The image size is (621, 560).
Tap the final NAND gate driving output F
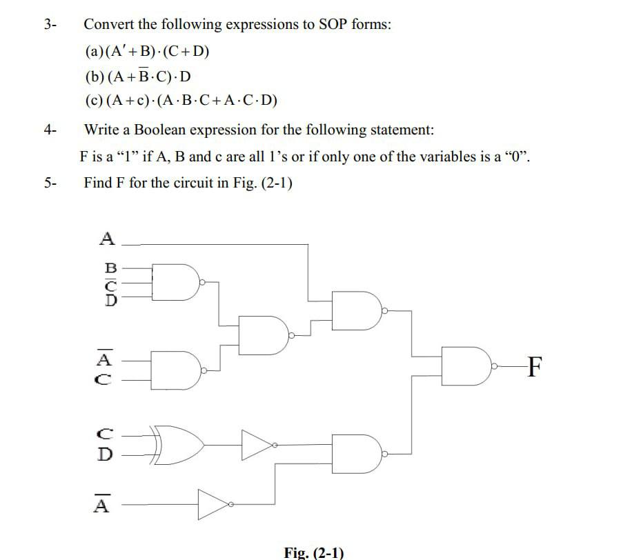(467, 366)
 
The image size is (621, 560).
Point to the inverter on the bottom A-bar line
(213, 505)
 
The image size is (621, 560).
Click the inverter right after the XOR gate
(256, 443)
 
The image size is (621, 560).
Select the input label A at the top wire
(107, 239)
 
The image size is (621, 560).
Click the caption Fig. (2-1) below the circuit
(313, 552)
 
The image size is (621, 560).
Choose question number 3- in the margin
(50, 25)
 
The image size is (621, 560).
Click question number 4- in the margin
(50, 129)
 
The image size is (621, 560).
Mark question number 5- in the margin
(50, 183)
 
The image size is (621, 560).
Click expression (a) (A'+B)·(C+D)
(147, 52)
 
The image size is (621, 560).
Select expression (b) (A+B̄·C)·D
(138, 76)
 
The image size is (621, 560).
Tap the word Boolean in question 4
(158, 129)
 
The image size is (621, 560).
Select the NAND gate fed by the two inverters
(357, 453)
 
